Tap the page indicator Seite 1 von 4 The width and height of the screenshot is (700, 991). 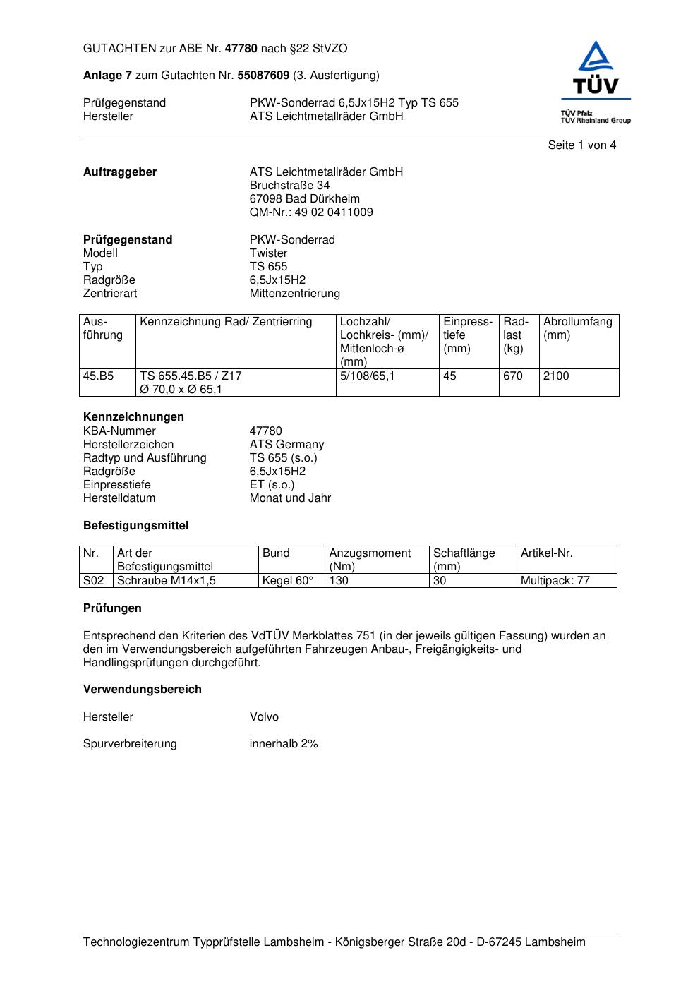[x=581, y=145]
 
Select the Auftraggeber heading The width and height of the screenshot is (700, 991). [x=120, y=172]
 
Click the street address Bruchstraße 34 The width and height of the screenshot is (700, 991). [x=289, y=186]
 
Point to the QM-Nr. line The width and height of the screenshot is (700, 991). [x=311, y=212]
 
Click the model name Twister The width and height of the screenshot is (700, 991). [x=268, y=253]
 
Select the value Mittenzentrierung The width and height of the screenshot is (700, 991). [x=294, y=294]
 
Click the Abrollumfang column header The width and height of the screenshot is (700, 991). [x=577, y=328]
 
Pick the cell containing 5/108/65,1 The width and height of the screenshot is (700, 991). [x=367, y=376]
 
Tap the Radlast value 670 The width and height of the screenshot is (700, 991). [x=513, y=376]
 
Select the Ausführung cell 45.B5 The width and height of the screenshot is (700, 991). [x=98, y=376]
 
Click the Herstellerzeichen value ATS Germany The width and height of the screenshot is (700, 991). [x=286, y=445]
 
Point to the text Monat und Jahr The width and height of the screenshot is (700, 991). [x=290, y=498]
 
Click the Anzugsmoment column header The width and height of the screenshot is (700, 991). [x=370, y=560]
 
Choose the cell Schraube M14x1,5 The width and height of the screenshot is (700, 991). [x=166, y=581]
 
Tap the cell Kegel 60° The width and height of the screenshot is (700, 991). [x=287, y=581]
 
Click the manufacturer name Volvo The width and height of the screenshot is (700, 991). [x=264, y=717]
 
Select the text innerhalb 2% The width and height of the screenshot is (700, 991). [x=284, y=744]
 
